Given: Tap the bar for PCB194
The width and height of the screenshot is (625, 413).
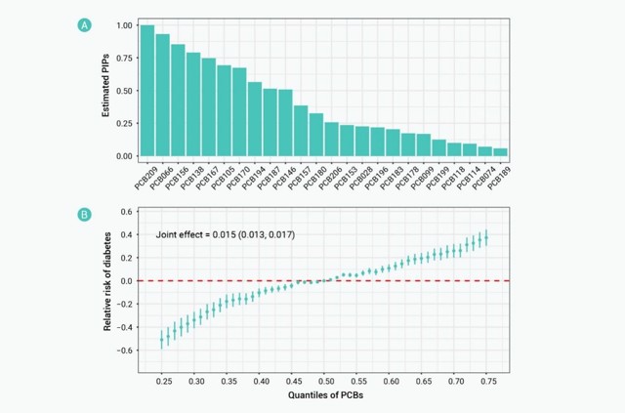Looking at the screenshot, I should pos(254,119).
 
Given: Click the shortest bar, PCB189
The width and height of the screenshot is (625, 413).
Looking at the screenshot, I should pos(499,152).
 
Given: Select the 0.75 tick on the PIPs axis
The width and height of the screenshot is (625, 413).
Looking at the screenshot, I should pos(123,58).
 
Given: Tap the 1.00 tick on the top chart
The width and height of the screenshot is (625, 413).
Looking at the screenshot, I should pos(123,25).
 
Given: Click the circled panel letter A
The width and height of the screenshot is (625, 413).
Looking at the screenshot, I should pos(85,25).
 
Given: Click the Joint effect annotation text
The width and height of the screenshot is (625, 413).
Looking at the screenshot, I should pos(226,235).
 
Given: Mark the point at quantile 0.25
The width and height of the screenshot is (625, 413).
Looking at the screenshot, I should pos(161,339).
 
